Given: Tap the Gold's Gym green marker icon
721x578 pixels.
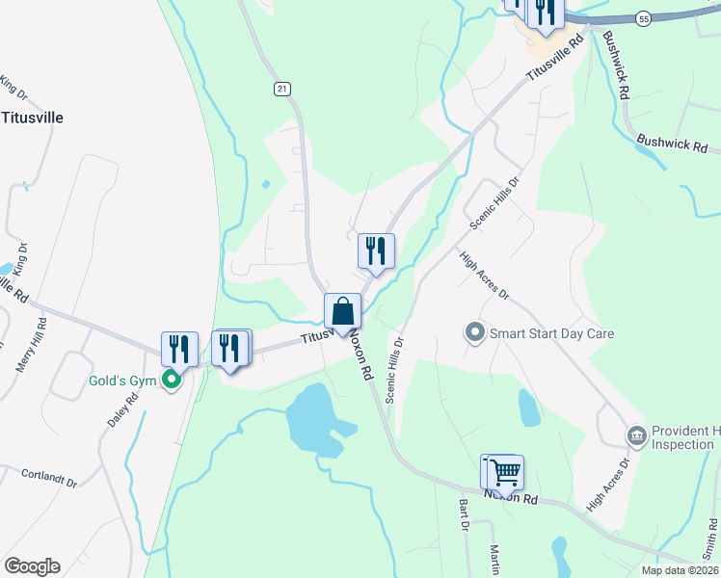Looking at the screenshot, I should click(x=173, y=380).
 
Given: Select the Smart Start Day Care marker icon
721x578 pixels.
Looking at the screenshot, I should click(x=474, y=333).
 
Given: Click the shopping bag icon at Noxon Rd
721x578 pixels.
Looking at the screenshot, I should click(x=342, y=311).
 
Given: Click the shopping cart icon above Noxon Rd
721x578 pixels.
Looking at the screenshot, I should click(x=506, y=472).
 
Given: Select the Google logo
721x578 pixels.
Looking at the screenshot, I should click(x=32, y=566).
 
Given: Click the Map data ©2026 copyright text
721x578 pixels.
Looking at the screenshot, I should click(x=679, y=570).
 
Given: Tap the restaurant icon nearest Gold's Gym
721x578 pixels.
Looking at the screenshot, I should click(x=179, y=349).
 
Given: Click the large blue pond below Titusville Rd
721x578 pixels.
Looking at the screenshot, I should click(x=310, y=416).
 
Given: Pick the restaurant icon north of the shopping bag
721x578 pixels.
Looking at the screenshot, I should click(x=376, y=250).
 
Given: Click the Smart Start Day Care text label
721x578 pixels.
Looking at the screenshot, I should click(x=551, y=334).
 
